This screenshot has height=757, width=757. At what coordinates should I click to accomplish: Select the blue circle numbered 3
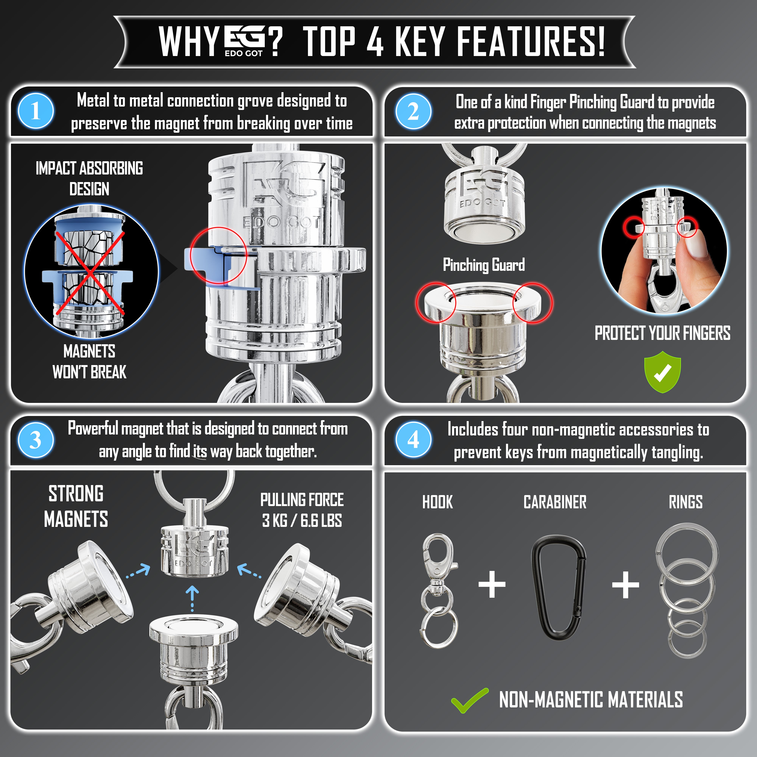tap(36, 440)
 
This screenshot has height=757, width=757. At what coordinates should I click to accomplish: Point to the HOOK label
tap(437, 502)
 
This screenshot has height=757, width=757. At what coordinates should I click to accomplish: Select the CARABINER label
tap(555, 502)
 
